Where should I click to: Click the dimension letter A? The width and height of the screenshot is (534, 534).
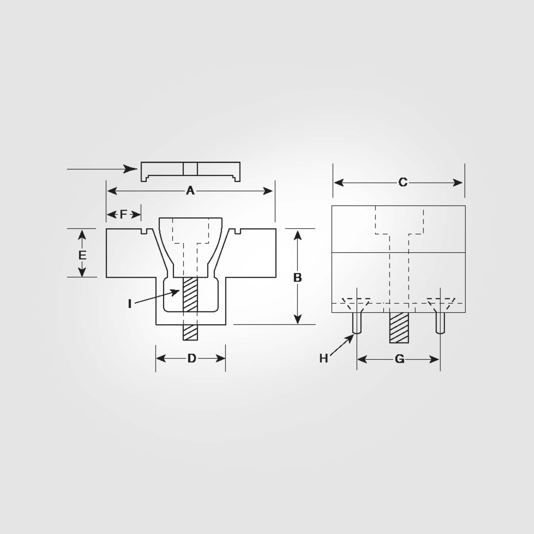(x=190, y=191)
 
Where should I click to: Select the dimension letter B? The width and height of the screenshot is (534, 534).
(x=297, y=278)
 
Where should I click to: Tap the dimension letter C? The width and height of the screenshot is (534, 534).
(x=403, y=182)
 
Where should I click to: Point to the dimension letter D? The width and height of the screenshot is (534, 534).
(x=192, y=359)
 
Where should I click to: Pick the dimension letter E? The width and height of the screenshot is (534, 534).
(x=82, y=255)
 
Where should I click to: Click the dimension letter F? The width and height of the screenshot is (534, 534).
(x=123, y=214)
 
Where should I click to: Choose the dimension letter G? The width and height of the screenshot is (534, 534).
(x=400, y=360)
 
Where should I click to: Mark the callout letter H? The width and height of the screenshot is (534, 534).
(x=323, y=359)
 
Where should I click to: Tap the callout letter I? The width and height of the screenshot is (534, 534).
(x=130, y=304)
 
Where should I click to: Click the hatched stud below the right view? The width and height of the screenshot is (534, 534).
(x=399, y=328)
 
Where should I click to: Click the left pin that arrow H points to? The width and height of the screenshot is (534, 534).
(x=357, y=323)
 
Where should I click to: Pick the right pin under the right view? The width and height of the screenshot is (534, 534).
(x=440, y=323)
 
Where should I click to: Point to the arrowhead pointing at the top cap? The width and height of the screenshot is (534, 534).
(x=131, y=169)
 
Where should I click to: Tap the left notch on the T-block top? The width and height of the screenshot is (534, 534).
(x=144, y=231)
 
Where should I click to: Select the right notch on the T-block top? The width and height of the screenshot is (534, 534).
(x=237, y=231)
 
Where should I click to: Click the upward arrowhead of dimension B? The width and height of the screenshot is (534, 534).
(x=298, y=236)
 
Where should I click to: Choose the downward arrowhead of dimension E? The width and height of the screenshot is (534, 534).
(x=82, y=272)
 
